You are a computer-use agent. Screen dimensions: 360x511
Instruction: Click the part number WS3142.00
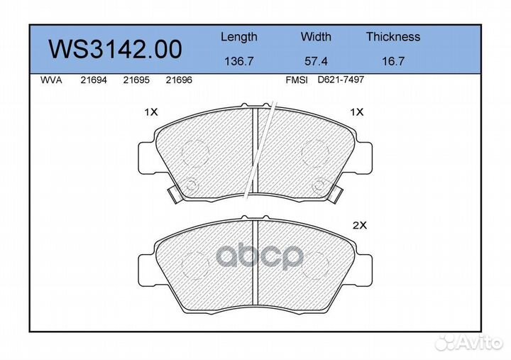115,49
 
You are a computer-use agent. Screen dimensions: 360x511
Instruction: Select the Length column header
239,37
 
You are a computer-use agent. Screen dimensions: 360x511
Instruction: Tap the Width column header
316,37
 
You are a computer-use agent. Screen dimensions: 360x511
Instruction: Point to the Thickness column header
393,37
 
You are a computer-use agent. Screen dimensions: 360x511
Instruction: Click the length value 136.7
239,62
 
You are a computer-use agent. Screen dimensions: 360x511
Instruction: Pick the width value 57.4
316,62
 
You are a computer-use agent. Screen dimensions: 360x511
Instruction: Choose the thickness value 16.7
393,62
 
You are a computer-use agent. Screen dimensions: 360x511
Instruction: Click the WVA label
52,81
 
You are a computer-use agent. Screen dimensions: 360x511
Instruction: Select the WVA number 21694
94,81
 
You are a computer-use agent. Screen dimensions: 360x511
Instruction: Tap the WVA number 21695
136,81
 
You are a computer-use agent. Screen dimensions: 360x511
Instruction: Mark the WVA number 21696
178,81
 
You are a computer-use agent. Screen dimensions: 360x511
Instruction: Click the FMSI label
296,81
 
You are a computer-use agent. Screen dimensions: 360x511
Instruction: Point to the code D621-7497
341,81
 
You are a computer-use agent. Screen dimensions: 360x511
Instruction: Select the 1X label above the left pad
150,112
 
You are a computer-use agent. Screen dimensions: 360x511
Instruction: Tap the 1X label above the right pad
356,112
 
